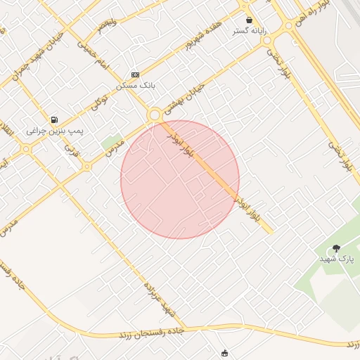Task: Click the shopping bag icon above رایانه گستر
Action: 249,20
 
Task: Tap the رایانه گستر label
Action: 249,32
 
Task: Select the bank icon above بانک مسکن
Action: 136,75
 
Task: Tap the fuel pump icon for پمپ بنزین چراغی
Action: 54,120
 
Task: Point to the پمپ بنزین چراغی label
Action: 56,131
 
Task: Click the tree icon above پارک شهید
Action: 336,248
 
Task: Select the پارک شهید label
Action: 337,259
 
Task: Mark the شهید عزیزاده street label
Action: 158,298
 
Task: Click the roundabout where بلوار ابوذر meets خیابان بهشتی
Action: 154,114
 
